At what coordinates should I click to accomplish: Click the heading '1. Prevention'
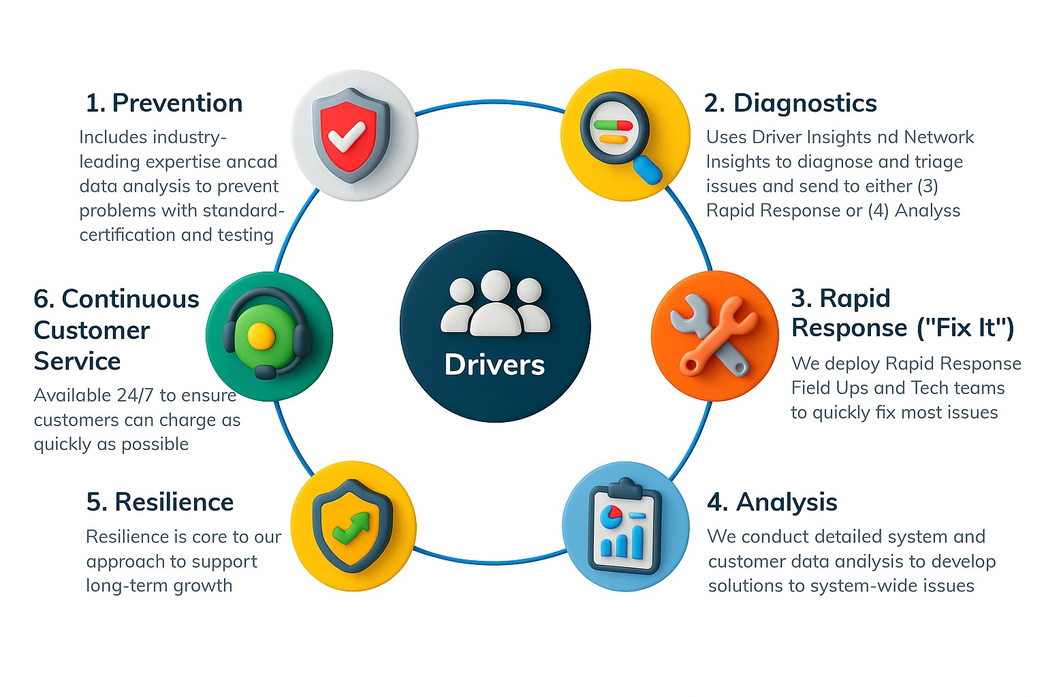coord(164,103)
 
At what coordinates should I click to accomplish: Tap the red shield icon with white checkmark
coord(351,135)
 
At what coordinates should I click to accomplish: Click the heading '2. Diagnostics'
coord(790,103)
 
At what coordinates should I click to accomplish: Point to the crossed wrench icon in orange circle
coord(714,335)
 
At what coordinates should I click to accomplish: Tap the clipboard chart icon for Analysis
coord(624,525)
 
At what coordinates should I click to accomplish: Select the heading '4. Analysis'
coord(772,502)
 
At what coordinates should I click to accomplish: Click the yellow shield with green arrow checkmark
coord(352,525)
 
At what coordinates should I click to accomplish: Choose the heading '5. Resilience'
coord(160,502)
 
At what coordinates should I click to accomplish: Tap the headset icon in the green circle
coord(268,333)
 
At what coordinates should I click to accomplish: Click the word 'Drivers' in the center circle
coord(494,365)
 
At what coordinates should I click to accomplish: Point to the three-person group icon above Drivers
coord(495,303)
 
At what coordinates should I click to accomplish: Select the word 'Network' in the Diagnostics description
coord(939,137)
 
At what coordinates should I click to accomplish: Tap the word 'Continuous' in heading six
coord(130,299)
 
